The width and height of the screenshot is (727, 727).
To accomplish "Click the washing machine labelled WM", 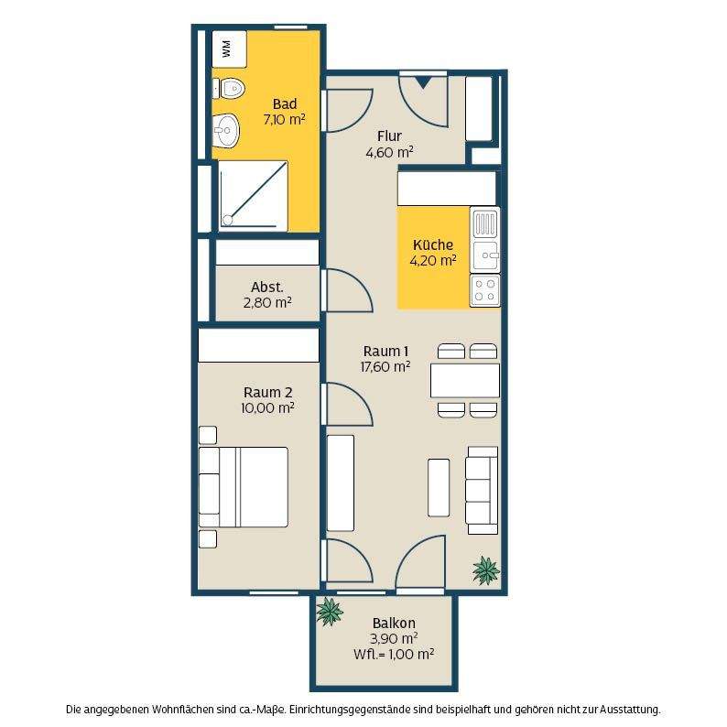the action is click(229, 49).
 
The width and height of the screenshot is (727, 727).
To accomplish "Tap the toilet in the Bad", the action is click(229, 88).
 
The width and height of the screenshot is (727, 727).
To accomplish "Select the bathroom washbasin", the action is click(226, 130).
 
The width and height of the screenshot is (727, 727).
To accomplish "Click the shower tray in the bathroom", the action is click(253, 196).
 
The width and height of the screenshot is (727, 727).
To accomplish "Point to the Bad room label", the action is click(285, 103).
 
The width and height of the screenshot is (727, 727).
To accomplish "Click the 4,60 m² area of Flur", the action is click(389, 152).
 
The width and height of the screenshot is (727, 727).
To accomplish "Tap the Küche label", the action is click(433, 244).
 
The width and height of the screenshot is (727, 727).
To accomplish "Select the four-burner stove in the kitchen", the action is click(485, 290).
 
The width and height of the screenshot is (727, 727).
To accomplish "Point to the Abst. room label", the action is click(267, 287).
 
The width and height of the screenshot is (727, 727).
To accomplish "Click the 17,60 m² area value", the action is click(385, 367).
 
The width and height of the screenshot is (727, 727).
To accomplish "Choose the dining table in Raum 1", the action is click(465, 381).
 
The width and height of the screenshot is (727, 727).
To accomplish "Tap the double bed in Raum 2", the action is click(244, 487).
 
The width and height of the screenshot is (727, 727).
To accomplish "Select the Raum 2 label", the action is click(268, 392).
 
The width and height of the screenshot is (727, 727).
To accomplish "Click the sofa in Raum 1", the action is click(483, 490).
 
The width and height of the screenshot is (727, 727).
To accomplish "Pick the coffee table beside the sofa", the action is click(439, 488).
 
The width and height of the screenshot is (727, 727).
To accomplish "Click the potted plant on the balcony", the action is click(330, 611).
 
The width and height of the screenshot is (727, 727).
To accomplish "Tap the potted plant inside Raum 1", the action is click(486, 570).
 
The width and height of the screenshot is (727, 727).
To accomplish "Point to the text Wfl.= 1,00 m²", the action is click(394, 654).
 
